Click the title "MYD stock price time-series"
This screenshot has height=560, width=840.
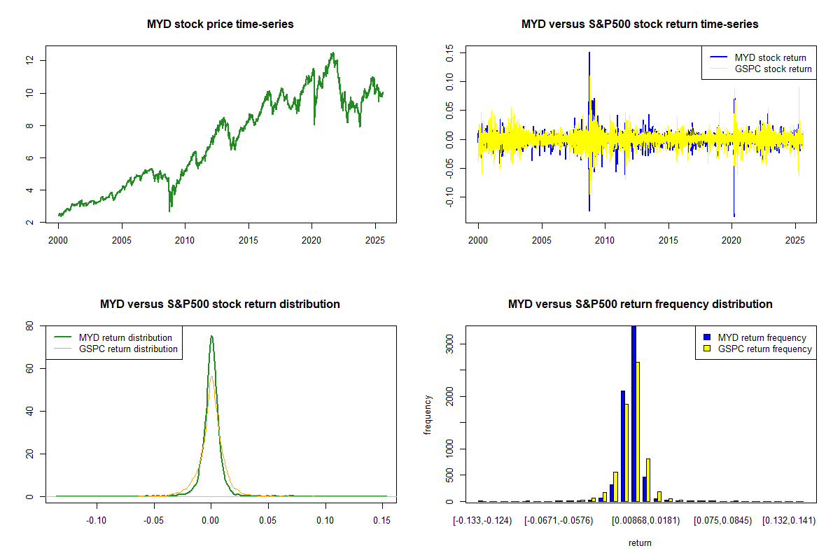[220, 24]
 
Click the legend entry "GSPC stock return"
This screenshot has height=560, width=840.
[773, 69]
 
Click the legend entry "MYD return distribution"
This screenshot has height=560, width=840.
[125, 337]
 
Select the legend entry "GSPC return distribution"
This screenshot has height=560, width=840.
[128, 349]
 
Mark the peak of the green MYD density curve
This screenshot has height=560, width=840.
[211, 336]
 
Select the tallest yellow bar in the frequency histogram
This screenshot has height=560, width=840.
[638, 431]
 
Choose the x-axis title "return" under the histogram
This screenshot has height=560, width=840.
[640, 542]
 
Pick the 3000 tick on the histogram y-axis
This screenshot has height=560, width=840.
[449, 344]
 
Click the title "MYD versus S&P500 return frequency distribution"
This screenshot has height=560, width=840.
[640, 304]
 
